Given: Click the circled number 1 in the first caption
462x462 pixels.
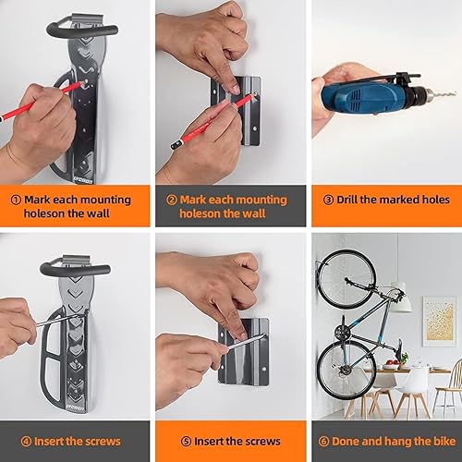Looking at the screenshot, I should (16, 200).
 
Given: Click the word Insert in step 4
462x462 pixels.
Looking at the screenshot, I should (43, 441).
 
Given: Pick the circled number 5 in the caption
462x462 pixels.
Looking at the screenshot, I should (170, 441).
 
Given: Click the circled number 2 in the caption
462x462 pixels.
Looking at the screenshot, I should (170, 200).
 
